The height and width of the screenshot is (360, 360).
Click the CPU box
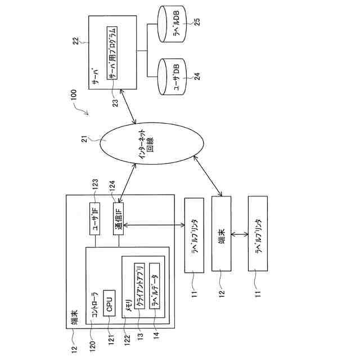(x=109, y=303)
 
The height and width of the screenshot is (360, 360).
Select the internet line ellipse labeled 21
(x=152, y=143)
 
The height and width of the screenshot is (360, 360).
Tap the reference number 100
(x=74, y=95)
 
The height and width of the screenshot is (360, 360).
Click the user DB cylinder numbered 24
(x=172, y=76)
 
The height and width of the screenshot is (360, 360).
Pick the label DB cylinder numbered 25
(x=172, y=24)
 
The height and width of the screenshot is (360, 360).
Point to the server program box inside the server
(x=112, y=53)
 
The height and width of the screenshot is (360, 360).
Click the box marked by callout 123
(x=94, y=219)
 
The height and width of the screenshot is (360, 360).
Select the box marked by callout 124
(x=119, y=219)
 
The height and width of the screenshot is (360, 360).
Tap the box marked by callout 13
(x=139, y=286)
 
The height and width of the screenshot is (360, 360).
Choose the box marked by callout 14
(x=155, y=286)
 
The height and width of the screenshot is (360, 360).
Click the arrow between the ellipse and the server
(x=128, y=106)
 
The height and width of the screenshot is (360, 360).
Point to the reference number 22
(x=76, y=41)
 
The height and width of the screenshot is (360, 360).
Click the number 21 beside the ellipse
(x=85, y=139)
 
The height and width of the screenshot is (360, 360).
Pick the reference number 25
(x=197, y=21)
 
